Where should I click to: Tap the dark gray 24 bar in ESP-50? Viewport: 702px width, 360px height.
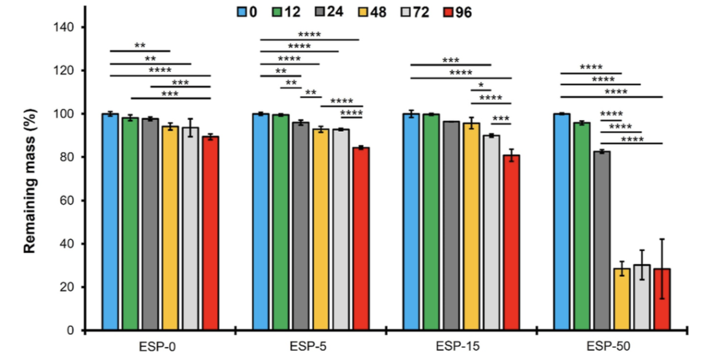tap(602, 240)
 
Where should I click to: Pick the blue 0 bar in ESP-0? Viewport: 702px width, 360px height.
tap(110, 222)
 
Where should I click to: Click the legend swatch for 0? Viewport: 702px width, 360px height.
tap(242, 12)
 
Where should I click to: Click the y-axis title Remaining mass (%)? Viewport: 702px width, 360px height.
tap(30, 179)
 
